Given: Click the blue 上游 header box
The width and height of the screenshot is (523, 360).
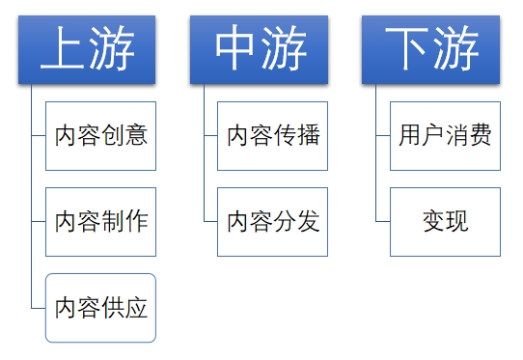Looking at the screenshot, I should pyautogui.click(x=86, y=49).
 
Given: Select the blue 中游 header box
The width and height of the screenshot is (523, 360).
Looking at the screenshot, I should pyautogui.click(x=259, y=49).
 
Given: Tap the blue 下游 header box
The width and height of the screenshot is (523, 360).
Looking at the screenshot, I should pyautogui.click(x=430, y=49).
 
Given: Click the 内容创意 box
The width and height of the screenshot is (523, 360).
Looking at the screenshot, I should pyautogui.click(x=100, y=135).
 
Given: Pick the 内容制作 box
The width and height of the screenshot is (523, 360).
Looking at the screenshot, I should pyautogui.click(x=100, y=221).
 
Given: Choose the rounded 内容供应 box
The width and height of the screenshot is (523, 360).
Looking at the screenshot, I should pyautogui.click(x=100, y=308).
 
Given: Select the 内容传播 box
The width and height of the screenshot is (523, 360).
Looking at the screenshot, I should pyautogui.click(x=272, y=135).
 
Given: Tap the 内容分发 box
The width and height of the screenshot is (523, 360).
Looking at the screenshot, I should pyautogui.click(x=272, y=221).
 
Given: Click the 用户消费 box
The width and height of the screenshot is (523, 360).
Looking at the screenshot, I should pyautogui.click(x=445, y=135).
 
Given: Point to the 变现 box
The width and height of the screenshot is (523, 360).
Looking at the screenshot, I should pyautogui.click(x=445, y=221).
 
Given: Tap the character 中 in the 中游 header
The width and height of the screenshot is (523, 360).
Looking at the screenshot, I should pyautogui.click(x=234, y=49).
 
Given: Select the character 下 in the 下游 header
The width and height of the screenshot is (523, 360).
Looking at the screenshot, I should pyautogui.click(x=406, y=49).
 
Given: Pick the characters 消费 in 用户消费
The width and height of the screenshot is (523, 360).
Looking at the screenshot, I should pyautogui.click(x=468, y=135).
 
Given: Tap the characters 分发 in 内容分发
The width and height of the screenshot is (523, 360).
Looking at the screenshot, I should pyautogui.click(x=295, y=221).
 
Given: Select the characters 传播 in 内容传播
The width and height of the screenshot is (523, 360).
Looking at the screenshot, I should pyautogui.click(x=295, y=135).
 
